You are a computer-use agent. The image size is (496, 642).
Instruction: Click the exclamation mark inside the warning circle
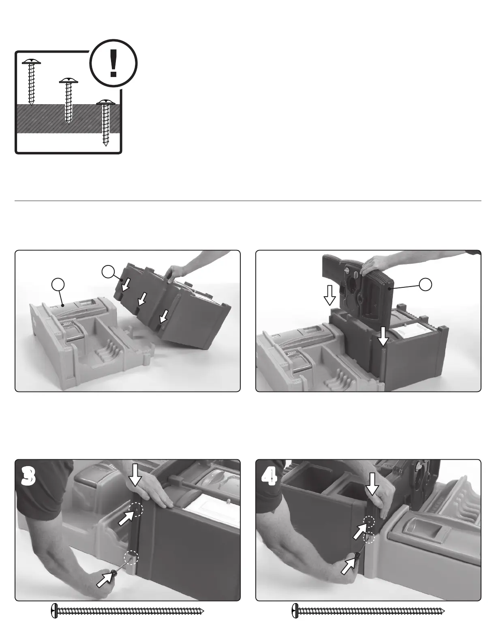(x=113, y=63)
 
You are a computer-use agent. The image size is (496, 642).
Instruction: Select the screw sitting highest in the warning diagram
(x=31, y=82)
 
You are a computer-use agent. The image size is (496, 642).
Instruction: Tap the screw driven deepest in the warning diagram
(x=105, y=123)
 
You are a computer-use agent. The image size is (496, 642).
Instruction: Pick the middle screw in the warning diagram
(x=68, y=101)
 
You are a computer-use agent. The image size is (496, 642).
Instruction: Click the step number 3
(x=28, y=477)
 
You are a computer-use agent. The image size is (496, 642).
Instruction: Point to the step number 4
(x=269, y=477)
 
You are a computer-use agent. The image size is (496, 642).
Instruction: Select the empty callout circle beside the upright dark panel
(x=425, y=284)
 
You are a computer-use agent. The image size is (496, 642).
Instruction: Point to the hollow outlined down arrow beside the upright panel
(x=330, y=295)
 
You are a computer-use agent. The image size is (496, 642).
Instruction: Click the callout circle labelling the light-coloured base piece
(x=58, y=284)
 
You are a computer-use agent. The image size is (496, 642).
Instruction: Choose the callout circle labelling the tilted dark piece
(x=109, y=272)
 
